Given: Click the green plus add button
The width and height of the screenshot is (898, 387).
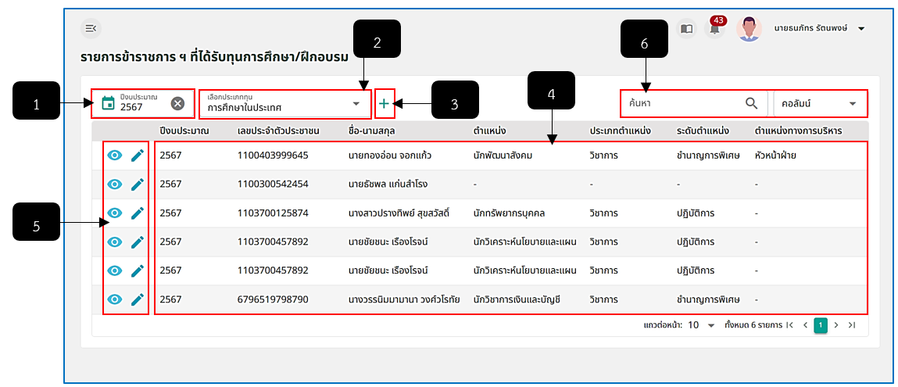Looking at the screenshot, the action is point(384,104).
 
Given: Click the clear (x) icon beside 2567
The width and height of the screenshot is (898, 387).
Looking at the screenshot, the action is point(178,103).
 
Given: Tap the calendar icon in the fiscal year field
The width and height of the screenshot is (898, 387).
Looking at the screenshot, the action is point(108,103).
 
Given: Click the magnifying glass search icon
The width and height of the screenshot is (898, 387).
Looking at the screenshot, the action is point(751,103).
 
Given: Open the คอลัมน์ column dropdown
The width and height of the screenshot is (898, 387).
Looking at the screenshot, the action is point(820,104).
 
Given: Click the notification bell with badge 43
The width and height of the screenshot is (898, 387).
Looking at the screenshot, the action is point(715,28).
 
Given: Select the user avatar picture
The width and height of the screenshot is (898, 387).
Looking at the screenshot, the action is point(749,28).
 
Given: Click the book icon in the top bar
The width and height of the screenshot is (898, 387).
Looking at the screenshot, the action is point(687,29).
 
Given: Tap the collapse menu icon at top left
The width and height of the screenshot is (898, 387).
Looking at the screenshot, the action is point(91,28).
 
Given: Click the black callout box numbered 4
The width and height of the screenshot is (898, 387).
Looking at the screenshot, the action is point(551,90).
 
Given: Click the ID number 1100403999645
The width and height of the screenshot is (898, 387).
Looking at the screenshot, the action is point(274,156).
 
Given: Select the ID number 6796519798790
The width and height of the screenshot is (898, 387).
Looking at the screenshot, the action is point(274,299).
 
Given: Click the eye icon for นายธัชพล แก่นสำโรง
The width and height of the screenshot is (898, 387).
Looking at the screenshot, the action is point(115,185).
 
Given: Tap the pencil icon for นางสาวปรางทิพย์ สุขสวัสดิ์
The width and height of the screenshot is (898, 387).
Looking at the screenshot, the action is point(137,213).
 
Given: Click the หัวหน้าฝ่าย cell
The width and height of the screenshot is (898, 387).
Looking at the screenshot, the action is point(776,156).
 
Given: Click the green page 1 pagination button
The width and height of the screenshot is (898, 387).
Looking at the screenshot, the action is point(821,325).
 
